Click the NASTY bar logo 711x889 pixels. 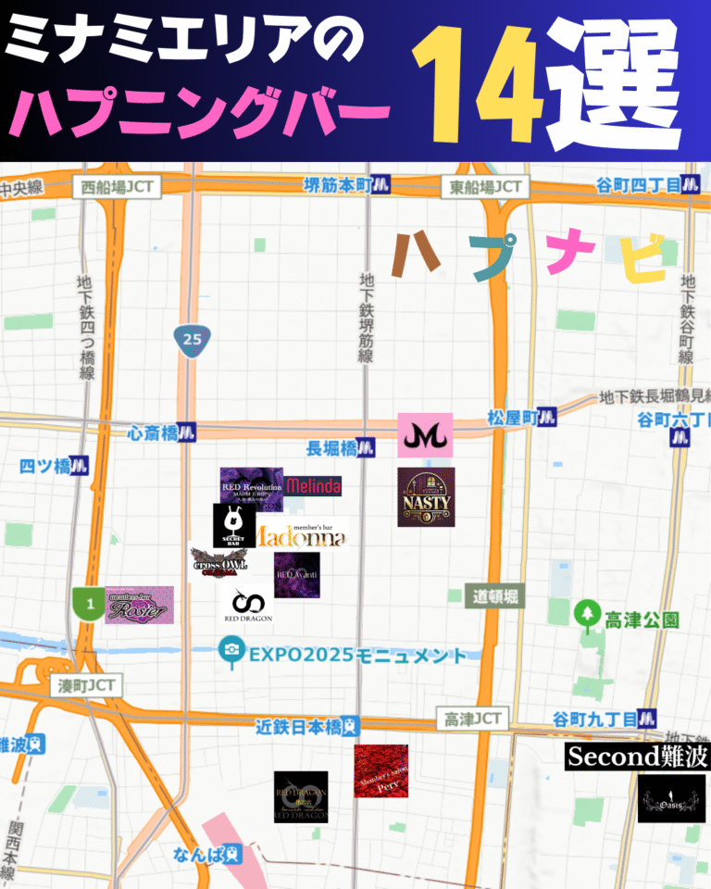(426, 497)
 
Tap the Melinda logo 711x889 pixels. (313, 486)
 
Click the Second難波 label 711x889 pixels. (637, 757)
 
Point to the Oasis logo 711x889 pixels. (671, 799)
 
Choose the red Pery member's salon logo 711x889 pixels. (380, 771)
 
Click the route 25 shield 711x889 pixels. (192, 339)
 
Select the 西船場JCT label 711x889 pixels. (116, 187)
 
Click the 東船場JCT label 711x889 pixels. (486, 187)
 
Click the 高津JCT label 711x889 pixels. (473, 719)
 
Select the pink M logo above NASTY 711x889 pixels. (425, 434)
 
